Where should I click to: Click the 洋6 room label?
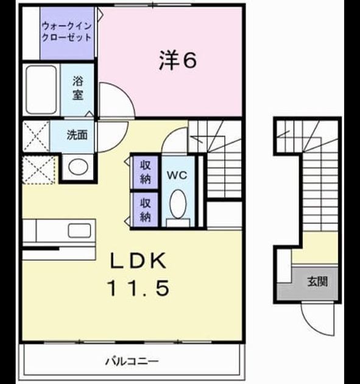click(x=178, y=60)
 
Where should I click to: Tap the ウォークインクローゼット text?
click(x=67, y=32)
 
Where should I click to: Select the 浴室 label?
click(x=78, y=88)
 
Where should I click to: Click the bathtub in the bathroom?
click(x=41, y=90)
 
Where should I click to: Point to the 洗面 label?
click(x=77, y=135)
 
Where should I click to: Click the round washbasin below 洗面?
click(x=78, y=167)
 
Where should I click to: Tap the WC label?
click(x=177, y=175)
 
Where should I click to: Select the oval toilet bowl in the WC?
click(x=178, y=204)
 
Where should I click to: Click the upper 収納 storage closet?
click(x=146, y=172)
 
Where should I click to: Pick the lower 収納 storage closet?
click(x=146, y=210)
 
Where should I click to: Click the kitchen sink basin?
click(x=79, y=230)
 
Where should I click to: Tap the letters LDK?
click(x=138, y=261)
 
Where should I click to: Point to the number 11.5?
click(x=138, y=288)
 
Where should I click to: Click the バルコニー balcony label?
click(x=132, y=361)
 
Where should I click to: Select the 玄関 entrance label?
click(x=317, y=282)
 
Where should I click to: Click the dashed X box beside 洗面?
click(x=36, y=136)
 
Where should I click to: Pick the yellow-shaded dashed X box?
click(x=38, y=170)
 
